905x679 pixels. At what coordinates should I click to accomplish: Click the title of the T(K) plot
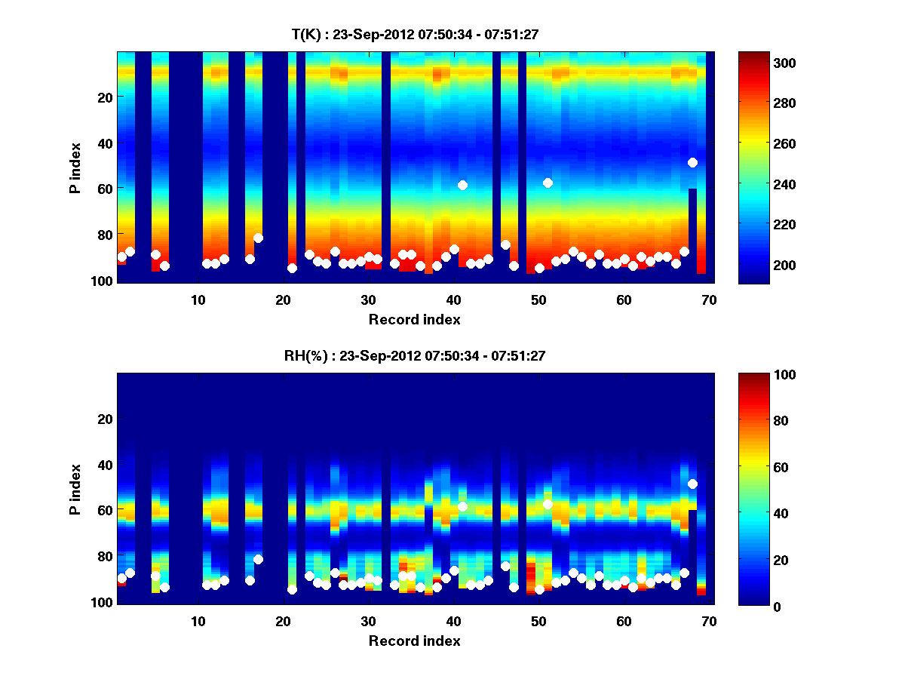coord(414,34)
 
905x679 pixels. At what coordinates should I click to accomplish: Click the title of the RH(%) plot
coord(414,356)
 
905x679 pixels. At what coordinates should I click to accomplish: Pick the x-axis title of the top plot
coord(414,319)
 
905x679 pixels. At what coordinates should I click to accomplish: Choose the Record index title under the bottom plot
coord(414,641)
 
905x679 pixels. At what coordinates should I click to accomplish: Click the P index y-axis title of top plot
coord(75,167)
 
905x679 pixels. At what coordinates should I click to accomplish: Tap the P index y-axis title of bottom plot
coord(75,489)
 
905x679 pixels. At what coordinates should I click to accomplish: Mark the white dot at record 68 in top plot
coord(692,162)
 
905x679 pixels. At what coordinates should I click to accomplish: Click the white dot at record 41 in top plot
coord(462,185)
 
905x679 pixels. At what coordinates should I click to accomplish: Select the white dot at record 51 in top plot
coord(548,183)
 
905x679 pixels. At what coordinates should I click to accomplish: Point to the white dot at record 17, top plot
coord(258,238)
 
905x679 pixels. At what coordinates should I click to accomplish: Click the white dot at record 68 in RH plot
coord(692,484)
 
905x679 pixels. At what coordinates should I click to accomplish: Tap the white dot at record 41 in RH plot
coord(462,506)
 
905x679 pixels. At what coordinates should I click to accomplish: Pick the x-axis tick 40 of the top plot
coord(453,300)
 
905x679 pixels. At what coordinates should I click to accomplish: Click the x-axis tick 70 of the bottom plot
coord(709,621)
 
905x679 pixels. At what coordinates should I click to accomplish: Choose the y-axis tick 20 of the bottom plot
coord(105,418)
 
